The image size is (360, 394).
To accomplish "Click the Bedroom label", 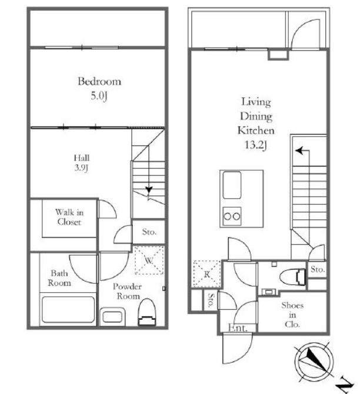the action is pos(99,81).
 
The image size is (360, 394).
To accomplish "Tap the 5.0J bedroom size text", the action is pos(99,96).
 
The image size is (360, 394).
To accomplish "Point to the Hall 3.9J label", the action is pos(82,163).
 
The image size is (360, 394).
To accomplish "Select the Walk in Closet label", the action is pos(69,217).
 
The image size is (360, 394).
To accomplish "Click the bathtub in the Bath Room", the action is pos(68,310).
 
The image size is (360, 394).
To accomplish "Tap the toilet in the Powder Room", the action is pos(147,313).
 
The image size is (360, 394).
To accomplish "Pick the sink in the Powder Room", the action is pos(112,316).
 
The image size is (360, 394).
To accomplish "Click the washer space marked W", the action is pos(149,260).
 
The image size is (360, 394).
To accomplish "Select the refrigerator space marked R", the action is pos(207,274).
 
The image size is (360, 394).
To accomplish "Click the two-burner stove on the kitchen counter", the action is pos(232,216).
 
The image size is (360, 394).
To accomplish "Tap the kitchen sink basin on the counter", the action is pos(232,185).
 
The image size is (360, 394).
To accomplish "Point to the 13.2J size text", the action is pos(256,145).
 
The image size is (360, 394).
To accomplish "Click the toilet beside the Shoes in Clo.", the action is pos(293,277).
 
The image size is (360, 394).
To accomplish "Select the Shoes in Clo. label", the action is pos(292,315).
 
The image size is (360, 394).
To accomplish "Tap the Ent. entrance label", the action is pos(238,327).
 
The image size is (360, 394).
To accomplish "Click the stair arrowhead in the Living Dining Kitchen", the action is pos(299,151).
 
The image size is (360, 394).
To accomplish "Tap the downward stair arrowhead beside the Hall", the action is pos(149,190).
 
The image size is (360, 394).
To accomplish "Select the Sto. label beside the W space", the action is pos(149,231).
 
